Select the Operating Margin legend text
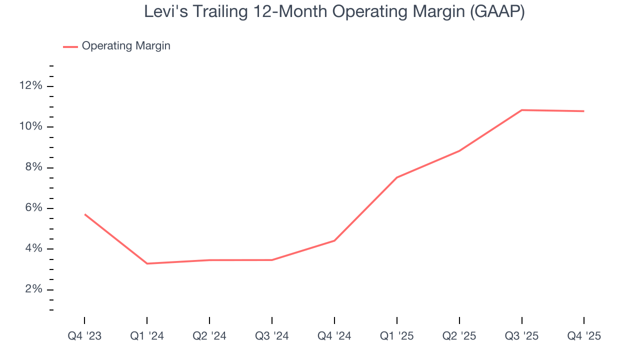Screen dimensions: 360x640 [126, 46]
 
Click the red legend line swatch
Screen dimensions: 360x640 [70, 46]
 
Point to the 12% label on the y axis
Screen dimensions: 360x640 [30, 86]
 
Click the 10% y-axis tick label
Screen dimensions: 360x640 [30, 126]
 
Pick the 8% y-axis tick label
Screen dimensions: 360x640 [33, 167]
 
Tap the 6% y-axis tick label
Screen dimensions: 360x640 [33, 208]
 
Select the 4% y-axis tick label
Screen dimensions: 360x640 [33, 249]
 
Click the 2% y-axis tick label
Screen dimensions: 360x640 [33, 289]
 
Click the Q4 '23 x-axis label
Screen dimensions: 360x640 [84, 336]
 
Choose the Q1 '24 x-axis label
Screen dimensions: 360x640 [147, 336]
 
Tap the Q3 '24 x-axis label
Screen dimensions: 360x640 [272, 336]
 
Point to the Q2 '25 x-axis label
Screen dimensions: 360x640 [459, 336]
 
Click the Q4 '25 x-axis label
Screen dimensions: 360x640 [584, 336]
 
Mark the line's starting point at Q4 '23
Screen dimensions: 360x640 [84, 214]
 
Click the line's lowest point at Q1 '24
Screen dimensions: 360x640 [147, 263]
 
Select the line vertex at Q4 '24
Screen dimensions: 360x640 [334, 240]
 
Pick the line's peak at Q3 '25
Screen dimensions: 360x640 [522, 110]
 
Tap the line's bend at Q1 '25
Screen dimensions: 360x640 [397, 177]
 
